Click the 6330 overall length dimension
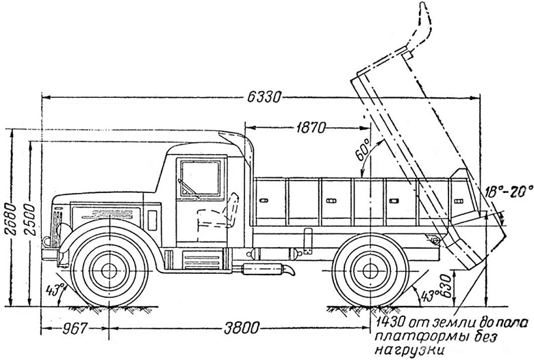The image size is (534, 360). click(264, 97)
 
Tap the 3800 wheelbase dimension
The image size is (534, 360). click(242, 328)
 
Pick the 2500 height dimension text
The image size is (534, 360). click(31, 219)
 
